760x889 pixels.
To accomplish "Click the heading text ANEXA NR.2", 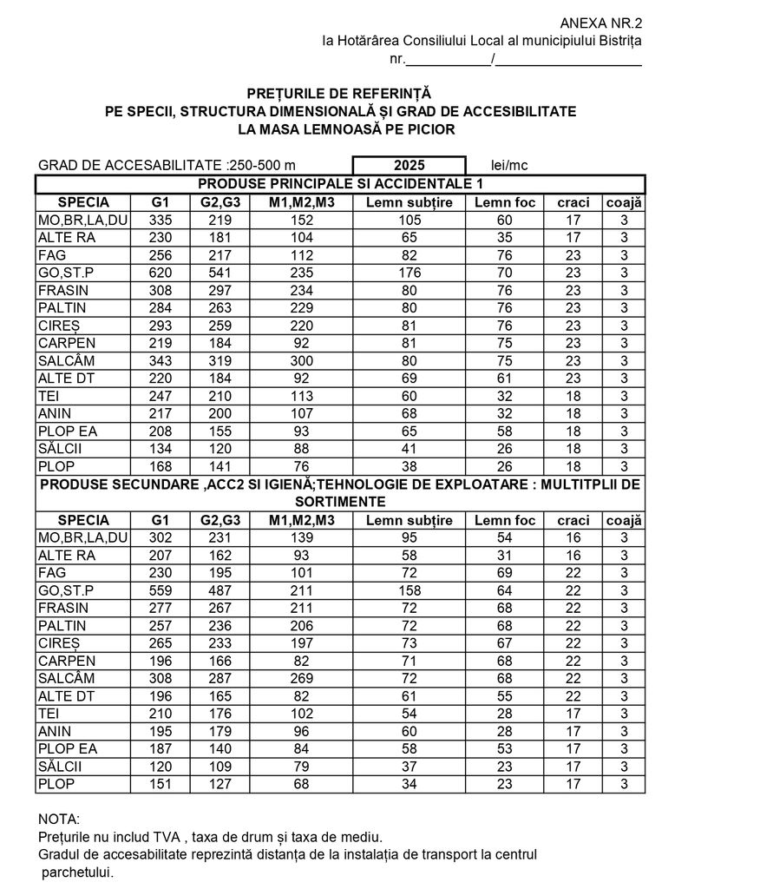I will click(600, 23).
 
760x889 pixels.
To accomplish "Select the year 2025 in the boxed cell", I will click(409, 166).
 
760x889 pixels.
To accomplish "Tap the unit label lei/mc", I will click(509, 166).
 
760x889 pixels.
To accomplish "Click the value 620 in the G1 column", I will click(161, 273).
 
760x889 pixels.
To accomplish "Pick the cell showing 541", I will click(220, 273).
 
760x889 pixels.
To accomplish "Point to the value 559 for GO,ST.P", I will click(161, 590).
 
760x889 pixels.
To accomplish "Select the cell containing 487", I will click(220, 590).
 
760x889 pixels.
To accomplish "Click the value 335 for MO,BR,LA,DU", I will click(161, 221).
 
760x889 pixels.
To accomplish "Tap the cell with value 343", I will click(161, 360).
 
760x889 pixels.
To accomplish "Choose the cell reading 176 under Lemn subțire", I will click(409, 273).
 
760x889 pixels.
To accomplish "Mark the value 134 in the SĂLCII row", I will click(161, 448).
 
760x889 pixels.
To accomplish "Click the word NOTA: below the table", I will click(59, 819).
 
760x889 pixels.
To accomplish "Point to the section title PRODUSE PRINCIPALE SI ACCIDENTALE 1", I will click(340, 184).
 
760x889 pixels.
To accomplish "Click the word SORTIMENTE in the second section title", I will click(340, 502).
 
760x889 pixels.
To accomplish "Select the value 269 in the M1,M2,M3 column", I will click(301, 678).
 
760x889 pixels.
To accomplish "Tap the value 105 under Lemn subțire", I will click(409, 221).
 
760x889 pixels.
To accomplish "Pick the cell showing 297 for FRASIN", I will click(220, 290).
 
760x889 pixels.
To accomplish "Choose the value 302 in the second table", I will click(161, 537).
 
